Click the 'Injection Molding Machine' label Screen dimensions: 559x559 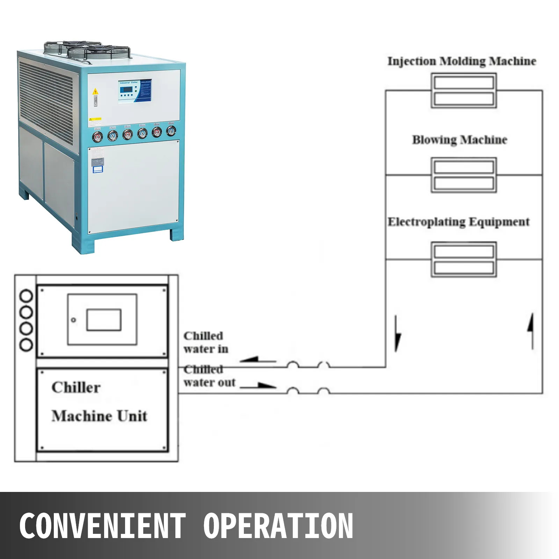462,61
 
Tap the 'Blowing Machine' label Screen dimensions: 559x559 459,140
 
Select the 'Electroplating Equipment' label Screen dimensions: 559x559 458,222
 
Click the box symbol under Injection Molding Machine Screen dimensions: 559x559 464,90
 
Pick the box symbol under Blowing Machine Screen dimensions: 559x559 464,175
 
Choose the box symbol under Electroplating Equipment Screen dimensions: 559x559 464,260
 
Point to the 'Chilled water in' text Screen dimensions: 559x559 205,342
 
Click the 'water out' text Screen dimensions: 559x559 210,383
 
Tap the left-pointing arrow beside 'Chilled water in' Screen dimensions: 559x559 258,360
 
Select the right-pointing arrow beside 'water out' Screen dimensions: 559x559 259,386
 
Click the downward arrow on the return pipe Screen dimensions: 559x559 397,334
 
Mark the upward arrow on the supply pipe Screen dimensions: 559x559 531,330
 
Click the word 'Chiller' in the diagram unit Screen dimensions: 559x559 76,387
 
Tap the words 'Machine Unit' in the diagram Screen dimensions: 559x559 100,416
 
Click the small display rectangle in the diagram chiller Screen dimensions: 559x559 104,320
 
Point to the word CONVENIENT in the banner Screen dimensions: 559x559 102,526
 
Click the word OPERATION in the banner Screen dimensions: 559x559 278,526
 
